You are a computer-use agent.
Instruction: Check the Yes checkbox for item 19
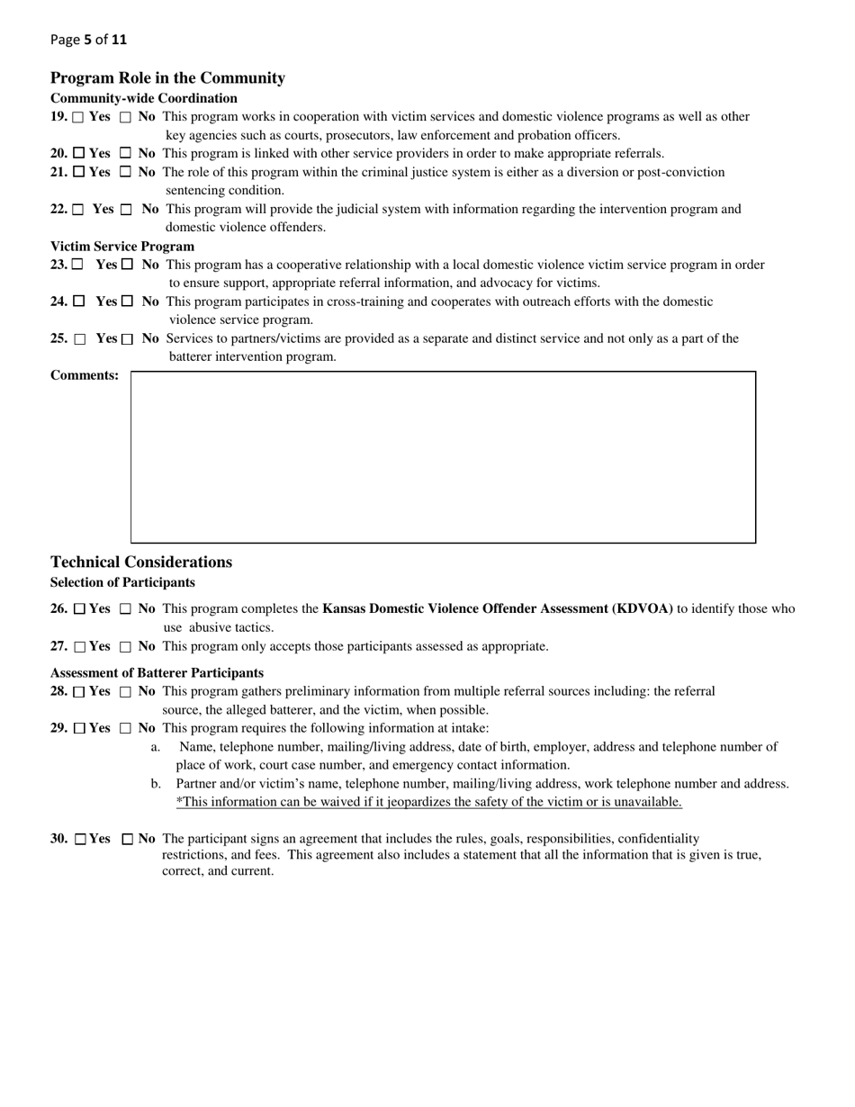[78, 117]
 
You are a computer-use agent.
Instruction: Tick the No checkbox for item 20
[126, 154]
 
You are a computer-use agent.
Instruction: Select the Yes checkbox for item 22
[78, 210]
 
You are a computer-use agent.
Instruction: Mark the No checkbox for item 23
[127, 265]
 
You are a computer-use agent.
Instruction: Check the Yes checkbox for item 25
[80, 339]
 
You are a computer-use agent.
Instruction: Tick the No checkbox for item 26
[126, 609]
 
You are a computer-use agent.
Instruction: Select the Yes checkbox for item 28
[79, 692]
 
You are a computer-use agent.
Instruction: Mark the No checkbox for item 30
[127, 839]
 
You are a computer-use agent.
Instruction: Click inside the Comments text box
[443, 456]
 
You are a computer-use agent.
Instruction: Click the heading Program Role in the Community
[167, 78]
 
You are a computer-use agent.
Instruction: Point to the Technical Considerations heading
[141, 562]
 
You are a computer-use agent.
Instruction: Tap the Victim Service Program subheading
[122, 247]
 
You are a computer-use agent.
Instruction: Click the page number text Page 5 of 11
[89, 40]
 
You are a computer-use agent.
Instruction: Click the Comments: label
[85, 375]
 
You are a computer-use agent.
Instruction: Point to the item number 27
[58, 646]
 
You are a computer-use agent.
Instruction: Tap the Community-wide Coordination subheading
[144, 98]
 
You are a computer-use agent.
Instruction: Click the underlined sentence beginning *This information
[428, 802]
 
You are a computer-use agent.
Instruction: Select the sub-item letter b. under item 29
[156, 784]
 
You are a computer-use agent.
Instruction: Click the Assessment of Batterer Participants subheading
[157, 673]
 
